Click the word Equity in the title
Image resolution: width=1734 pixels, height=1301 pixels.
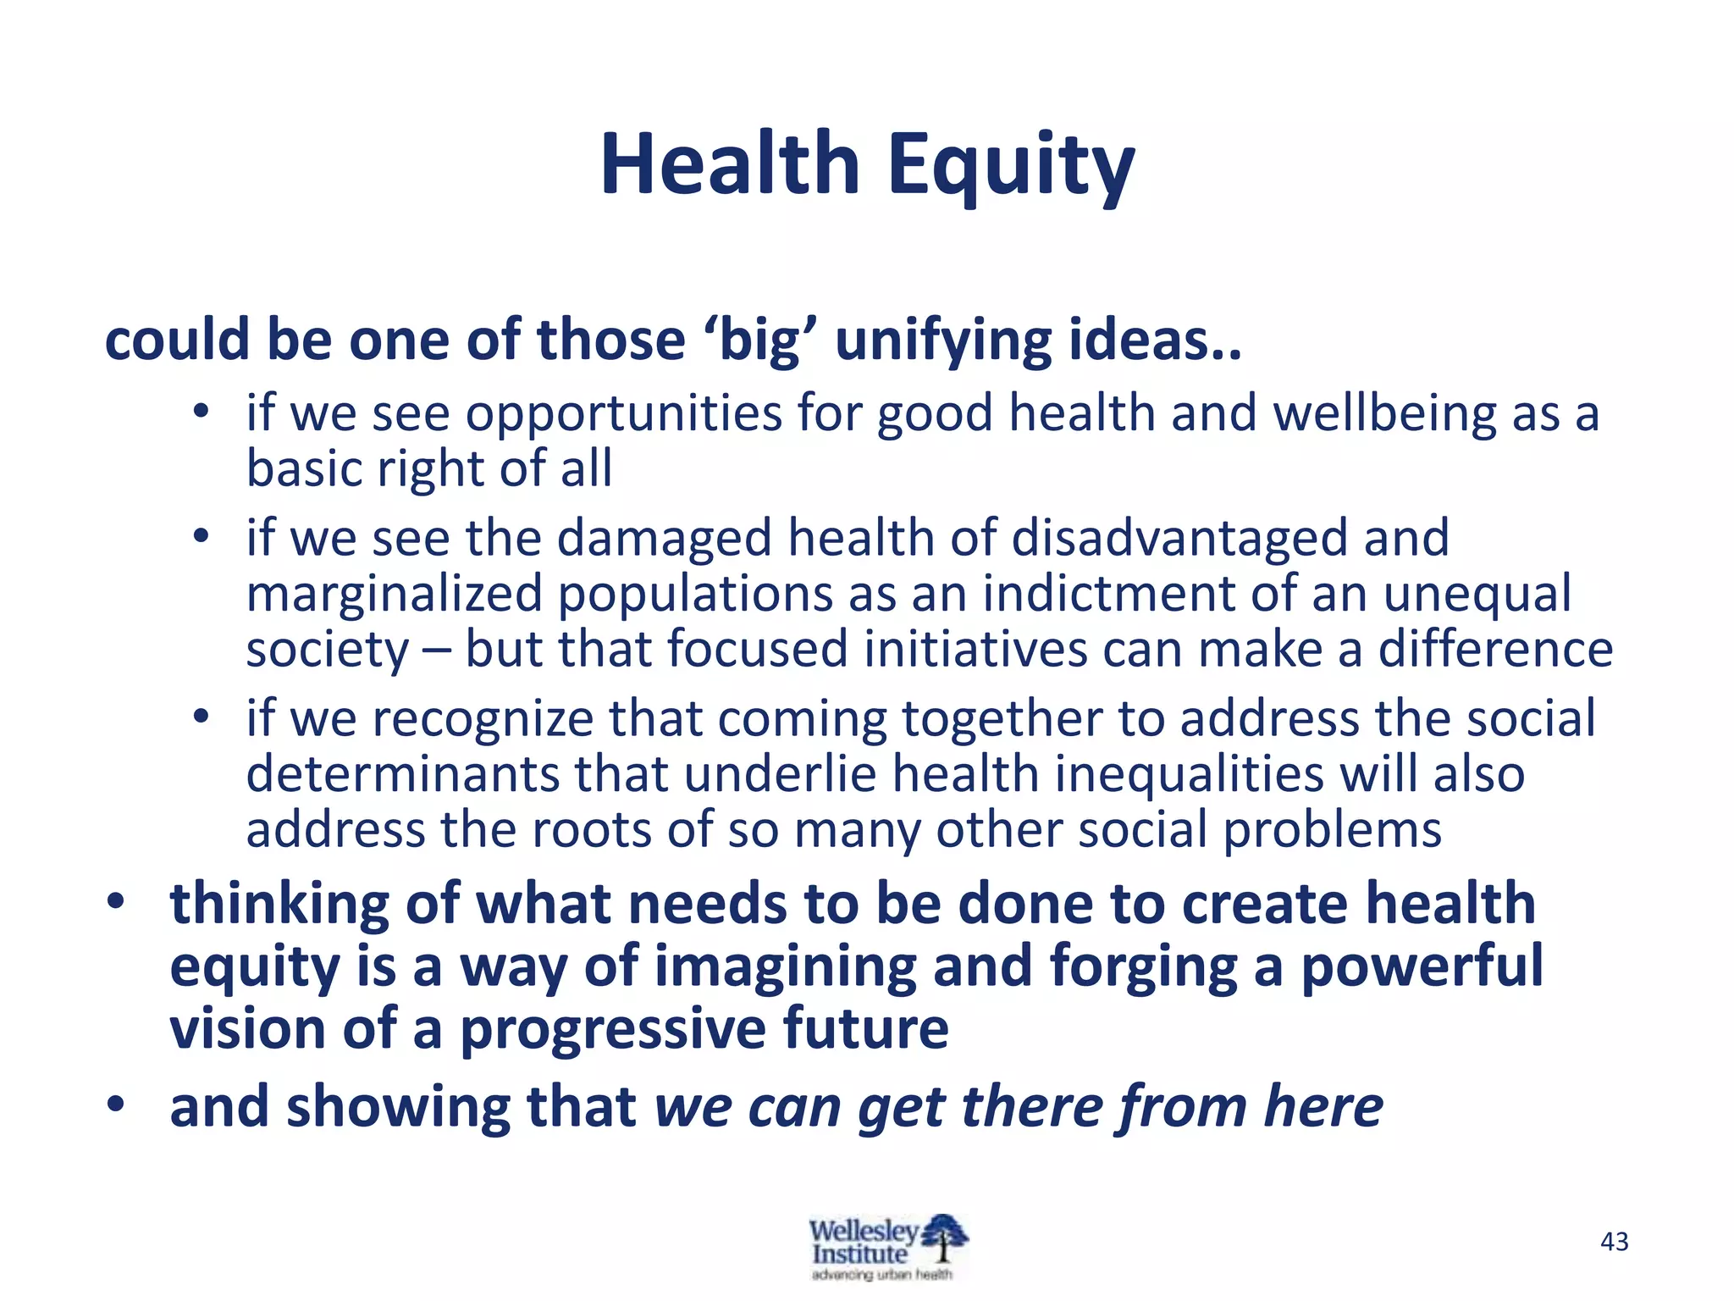point(1011,164)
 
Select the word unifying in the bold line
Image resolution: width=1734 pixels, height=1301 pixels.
point(943,340)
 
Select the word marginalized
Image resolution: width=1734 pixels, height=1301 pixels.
point(395,595)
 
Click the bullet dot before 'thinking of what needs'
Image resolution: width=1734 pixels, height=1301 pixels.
point(116,900)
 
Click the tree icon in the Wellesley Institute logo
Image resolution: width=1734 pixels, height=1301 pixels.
point(943,1237)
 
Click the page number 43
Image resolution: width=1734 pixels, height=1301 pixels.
point(1615,1242)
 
